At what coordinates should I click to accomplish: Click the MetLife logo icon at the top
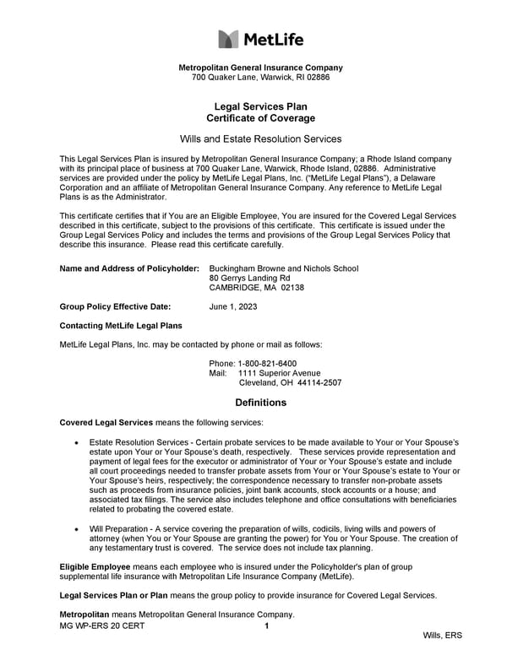coord(229,39)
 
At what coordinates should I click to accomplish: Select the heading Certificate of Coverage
coord(259,119)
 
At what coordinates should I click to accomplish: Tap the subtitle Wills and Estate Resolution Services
coord(260,138)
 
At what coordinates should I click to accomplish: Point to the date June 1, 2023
coord(233,306)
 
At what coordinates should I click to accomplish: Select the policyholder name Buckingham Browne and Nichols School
coord(283,268)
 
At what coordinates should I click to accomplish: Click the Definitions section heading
coord(260,403)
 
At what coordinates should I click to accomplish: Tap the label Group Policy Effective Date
coord(115,306)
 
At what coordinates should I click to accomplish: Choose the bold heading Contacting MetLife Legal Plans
coord(120,326)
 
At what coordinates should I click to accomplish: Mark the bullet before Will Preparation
coord(78,528)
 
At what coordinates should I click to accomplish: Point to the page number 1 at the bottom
coord(266,626)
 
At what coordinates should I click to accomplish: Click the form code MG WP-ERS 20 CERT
coord(102,626)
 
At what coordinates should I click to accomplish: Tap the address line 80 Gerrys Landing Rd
coord(249,278)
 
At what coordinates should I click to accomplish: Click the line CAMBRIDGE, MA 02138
coord(256,288)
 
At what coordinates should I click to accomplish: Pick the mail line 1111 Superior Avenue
coord(279,373)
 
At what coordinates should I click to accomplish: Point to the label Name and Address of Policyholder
coord(129,268)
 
